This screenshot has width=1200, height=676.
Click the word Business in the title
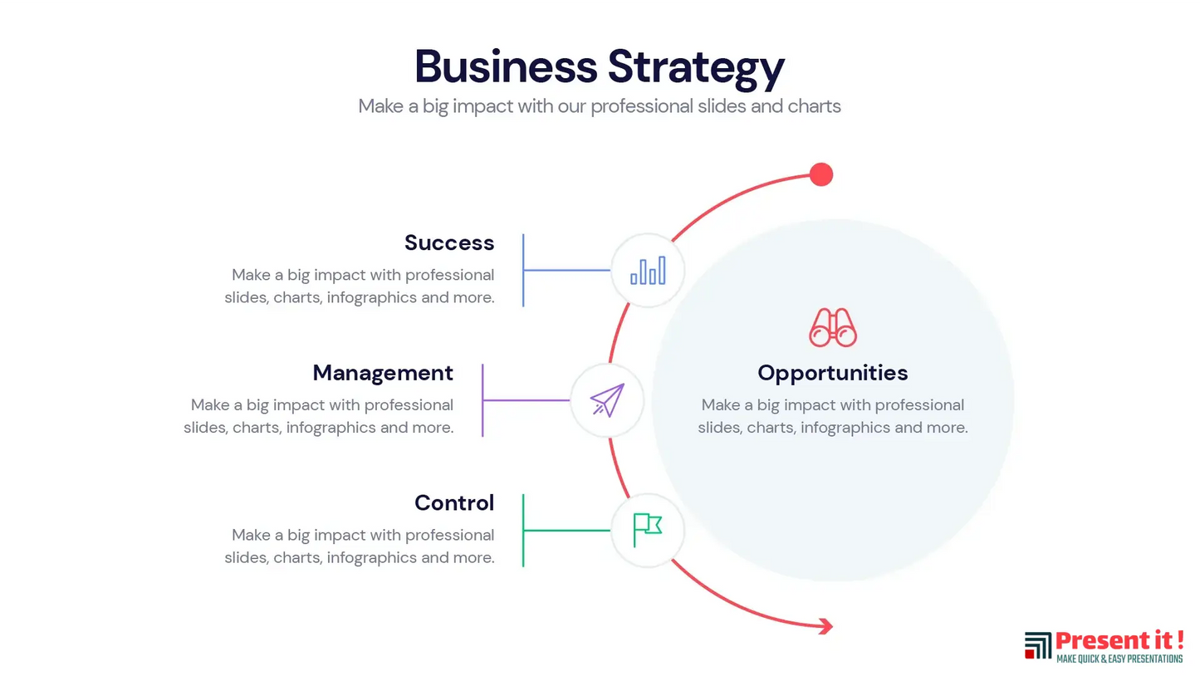click(x=505, y=66)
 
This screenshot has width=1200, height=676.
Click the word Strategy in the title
click(x=696, y=68)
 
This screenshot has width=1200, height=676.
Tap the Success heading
click(x=449, y=242)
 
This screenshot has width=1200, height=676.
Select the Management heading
click(x=383, y=373)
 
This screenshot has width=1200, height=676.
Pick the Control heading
click(x=454, y=502)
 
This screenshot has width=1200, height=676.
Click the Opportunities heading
click(x=832, y=373)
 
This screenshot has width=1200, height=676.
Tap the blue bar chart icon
click(x=648, y=270)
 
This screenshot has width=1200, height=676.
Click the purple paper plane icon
click(x=607, y=400)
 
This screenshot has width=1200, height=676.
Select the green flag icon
click(x=647, y=529)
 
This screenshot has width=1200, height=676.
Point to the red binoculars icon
click(x=832, y=327)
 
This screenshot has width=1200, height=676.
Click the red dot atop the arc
click(x=821, y=174)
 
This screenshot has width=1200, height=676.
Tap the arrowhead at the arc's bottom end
click(x=825, y=626)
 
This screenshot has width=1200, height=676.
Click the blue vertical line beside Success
click(x=523, y=270)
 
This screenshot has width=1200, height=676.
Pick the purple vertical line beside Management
click(x=482, y=400)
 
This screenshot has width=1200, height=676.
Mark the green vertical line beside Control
click(x=523, y=530)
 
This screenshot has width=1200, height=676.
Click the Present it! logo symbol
click(x=1038, y=645)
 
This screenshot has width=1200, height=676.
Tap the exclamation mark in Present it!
click(x=1179, y=639)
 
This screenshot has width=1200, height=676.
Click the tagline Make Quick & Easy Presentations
click(x=1119, y=659)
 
